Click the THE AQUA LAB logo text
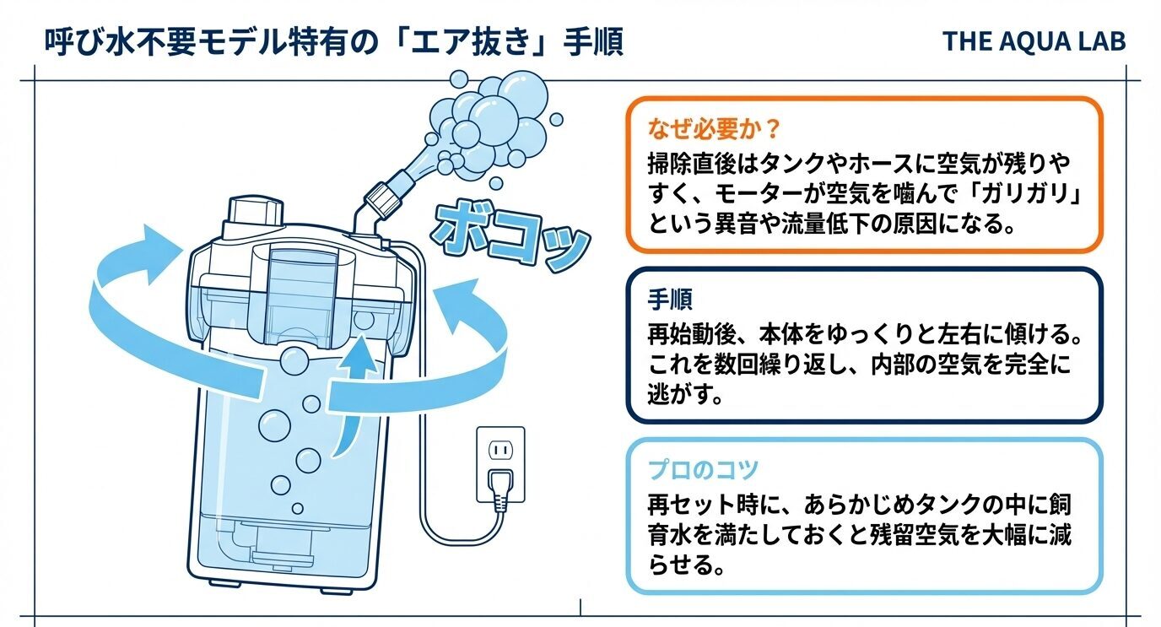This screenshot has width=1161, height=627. [x=1034, y=41]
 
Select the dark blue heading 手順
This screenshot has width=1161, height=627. [x=671, y=300]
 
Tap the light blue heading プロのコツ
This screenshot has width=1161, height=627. [x=704, y=468]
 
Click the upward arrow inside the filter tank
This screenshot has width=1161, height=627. [x=355, y=397]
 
